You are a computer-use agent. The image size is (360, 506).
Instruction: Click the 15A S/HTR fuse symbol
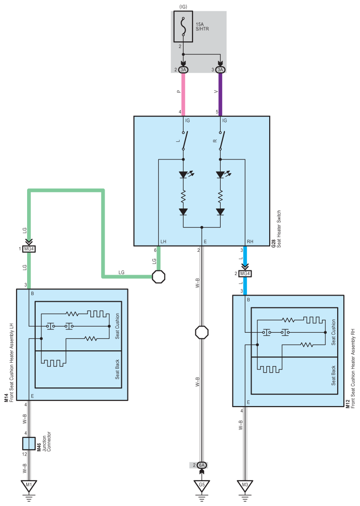click(184, 27)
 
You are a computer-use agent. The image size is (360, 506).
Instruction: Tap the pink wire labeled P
click(184, 94)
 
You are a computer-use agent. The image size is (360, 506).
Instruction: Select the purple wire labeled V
click(221, 94)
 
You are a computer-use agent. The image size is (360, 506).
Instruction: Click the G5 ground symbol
click(202, 486)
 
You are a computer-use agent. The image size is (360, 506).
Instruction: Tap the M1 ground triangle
click(29, 486)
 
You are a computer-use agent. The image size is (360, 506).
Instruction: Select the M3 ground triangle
click(245, 486)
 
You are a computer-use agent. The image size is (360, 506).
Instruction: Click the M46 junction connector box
click(29, 444)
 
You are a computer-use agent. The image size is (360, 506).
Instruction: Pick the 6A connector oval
click(202, 466)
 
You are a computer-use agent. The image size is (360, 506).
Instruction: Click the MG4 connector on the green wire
click(29, 249)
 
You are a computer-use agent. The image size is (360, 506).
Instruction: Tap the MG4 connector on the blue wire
click(245, 274)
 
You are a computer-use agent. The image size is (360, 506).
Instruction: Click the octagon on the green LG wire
click(158, 277)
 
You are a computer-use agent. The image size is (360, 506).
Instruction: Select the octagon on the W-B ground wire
click(202, 332)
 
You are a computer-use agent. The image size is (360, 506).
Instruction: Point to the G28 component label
click(273, 243)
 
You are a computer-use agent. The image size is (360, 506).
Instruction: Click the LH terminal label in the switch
click(164, 242)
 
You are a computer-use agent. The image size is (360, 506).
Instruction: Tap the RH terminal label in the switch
click(250, 242)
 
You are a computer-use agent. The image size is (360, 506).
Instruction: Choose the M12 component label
click(348, 404)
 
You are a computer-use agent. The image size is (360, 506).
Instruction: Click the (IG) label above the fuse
click(184, 7)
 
